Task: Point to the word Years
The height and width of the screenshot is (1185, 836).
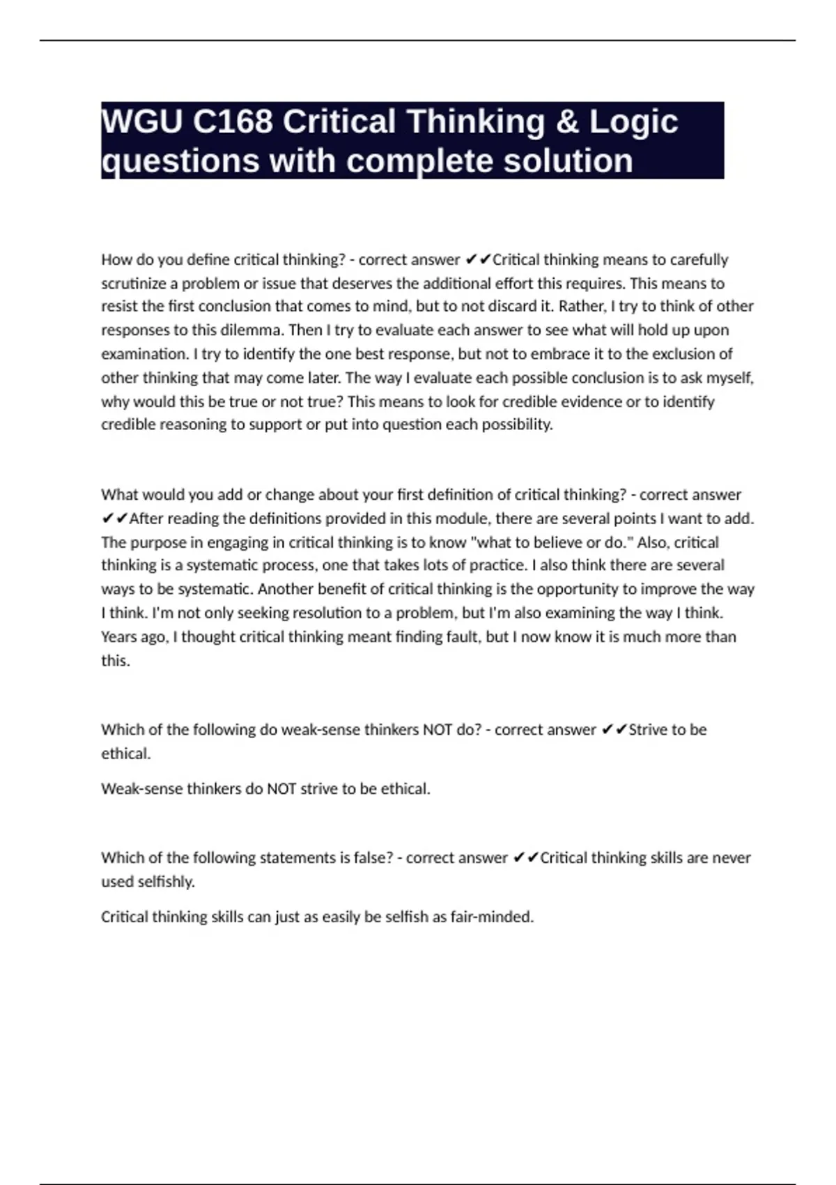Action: click(x=119, y=636)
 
